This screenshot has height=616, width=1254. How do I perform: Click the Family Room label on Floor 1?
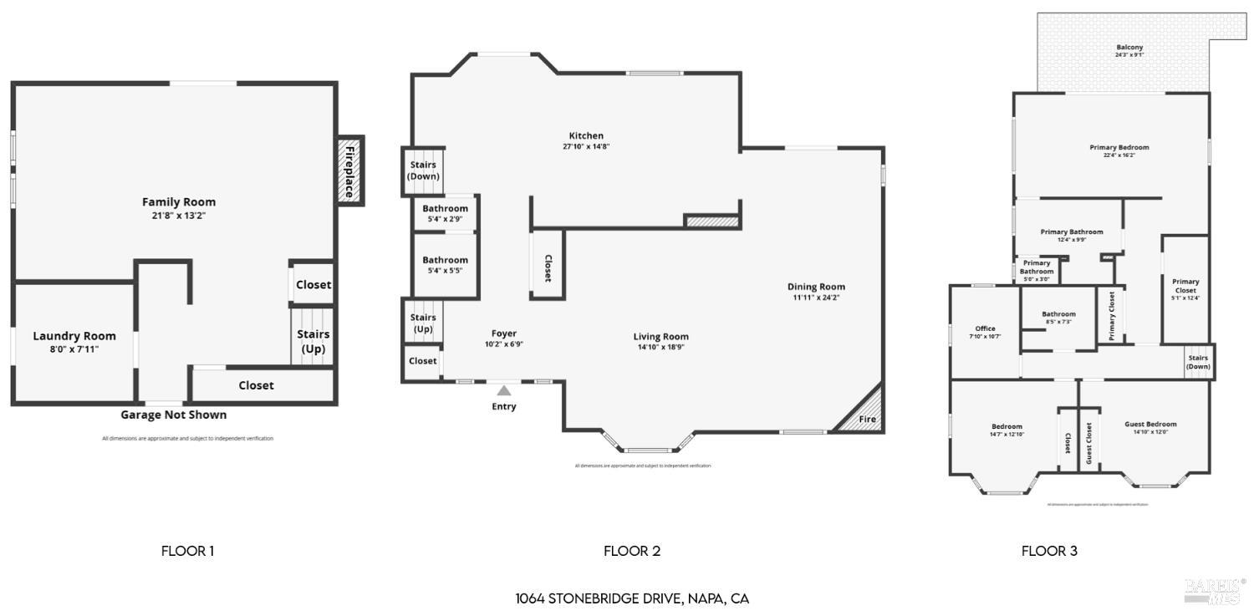point(178,202)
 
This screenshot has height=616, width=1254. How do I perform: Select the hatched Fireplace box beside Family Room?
point(350,171)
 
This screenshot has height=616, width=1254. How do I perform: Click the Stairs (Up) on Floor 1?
point(313,341)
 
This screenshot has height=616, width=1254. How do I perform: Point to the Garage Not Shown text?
point(173,415)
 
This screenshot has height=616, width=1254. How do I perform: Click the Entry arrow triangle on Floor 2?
point(503,389)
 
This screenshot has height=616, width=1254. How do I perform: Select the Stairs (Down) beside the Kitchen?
point(423,171)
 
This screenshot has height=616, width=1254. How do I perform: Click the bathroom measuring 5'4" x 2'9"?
point(445,213)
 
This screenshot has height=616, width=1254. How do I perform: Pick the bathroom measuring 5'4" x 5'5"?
point(445,265)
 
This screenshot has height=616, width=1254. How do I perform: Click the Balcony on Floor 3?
point(1129,50)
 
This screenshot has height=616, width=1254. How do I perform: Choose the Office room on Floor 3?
point(985,332)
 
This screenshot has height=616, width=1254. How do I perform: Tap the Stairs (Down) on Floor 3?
point(1198,362)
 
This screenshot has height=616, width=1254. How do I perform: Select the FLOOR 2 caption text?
point(632,551)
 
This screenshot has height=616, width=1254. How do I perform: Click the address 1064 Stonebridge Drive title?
point(632,598)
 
